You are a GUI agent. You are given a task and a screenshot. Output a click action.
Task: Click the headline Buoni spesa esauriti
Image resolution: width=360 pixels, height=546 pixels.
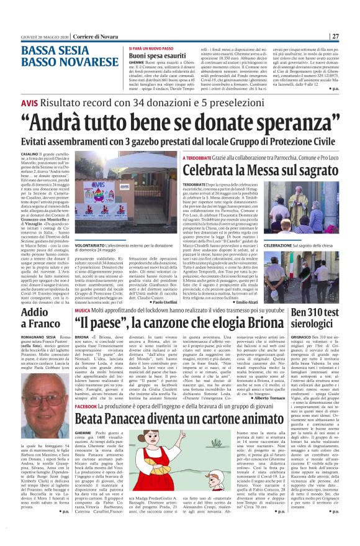[x=160, y=55]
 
